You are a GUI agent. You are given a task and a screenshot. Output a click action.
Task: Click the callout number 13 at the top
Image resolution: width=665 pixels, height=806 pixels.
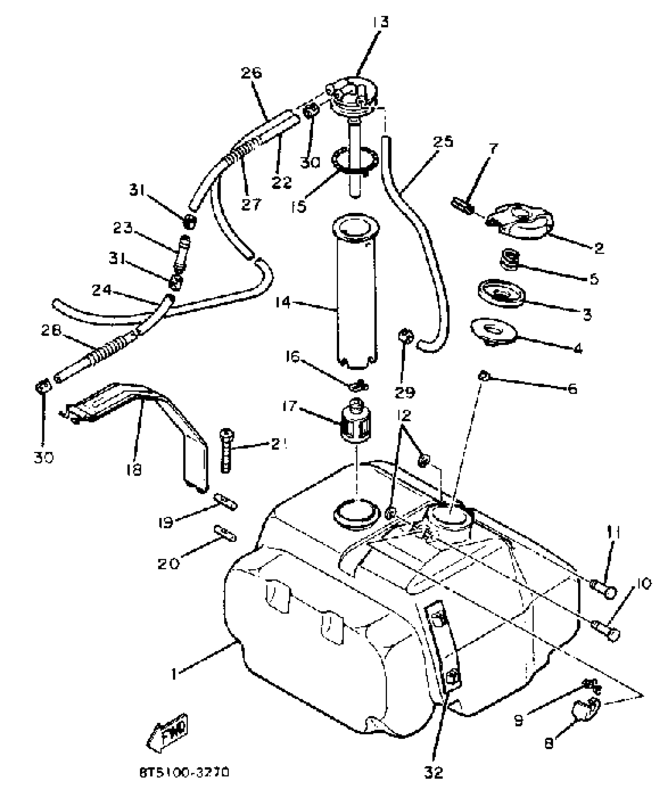click(380, 22)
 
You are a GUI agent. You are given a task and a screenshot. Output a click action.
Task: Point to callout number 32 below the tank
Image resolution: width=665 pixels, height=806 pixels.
click(434, 772)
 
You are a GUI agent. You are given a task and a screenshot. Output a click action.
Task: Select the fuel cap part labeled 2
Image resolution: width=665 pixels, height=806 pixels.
click(520, 221)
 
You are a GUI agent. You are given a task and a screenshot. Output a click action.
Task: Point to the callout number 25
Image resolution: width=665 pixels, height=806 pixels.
click(443, 142)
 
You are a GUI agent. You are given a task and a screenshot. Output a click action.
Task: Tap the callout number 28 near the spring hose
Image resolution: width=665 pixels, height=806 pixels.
click(51, 331)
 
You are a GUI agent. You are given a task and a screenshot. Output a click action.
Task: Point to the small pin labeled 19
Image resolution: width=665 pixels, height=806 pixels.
click(225, 501)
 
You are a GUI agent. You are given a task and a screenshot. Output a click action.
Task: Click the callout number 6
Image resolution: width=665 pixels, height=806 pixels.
click(572, 389)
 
